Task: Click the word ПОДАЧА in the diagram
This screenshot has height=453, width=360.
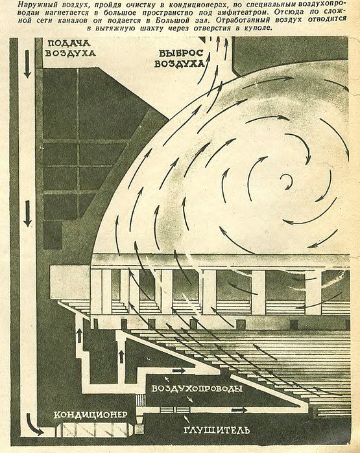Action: [x=69, y=43]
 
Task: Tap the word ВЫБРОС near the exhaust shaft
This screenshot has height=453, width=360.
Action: [x=181, y=53]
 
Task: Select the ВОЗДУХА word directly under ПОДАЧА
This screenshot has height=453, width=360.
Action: [x=70, y=53]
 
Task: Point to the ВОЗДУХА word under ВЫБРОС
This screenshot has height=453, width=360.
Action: [x=179, y=64]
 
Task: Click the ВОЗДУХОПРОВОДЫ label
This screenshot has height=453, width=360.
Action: [x=197, y=389]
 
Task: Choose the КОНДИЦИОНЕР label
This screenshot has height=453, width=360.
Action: [x=91, y=415]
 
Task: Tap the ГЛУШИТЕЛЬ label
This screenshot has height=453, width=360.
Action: [x=216, y=430]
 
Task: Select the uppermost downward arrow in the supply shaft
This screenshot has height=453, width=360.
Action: [x=27, y=64]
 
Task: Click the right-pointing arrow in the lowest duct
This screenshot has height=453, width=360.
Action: [x=239, y=410]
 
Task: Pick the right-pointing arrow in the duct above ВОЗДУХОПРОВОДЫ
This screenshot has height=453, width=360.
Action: [x=179, y=371]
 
